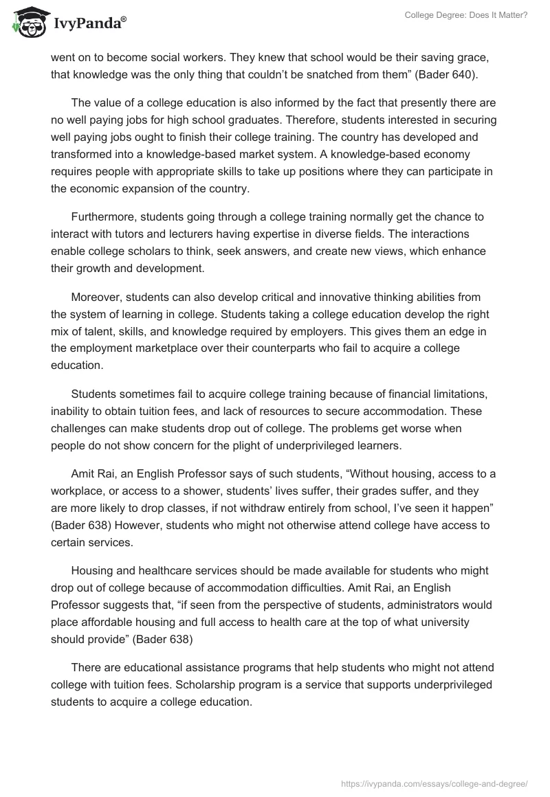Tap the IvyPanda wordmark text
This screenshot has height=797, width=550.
[x=89, y=23]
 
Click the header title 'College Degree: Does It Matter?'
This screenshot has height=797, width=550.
[x=466, y=14]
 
